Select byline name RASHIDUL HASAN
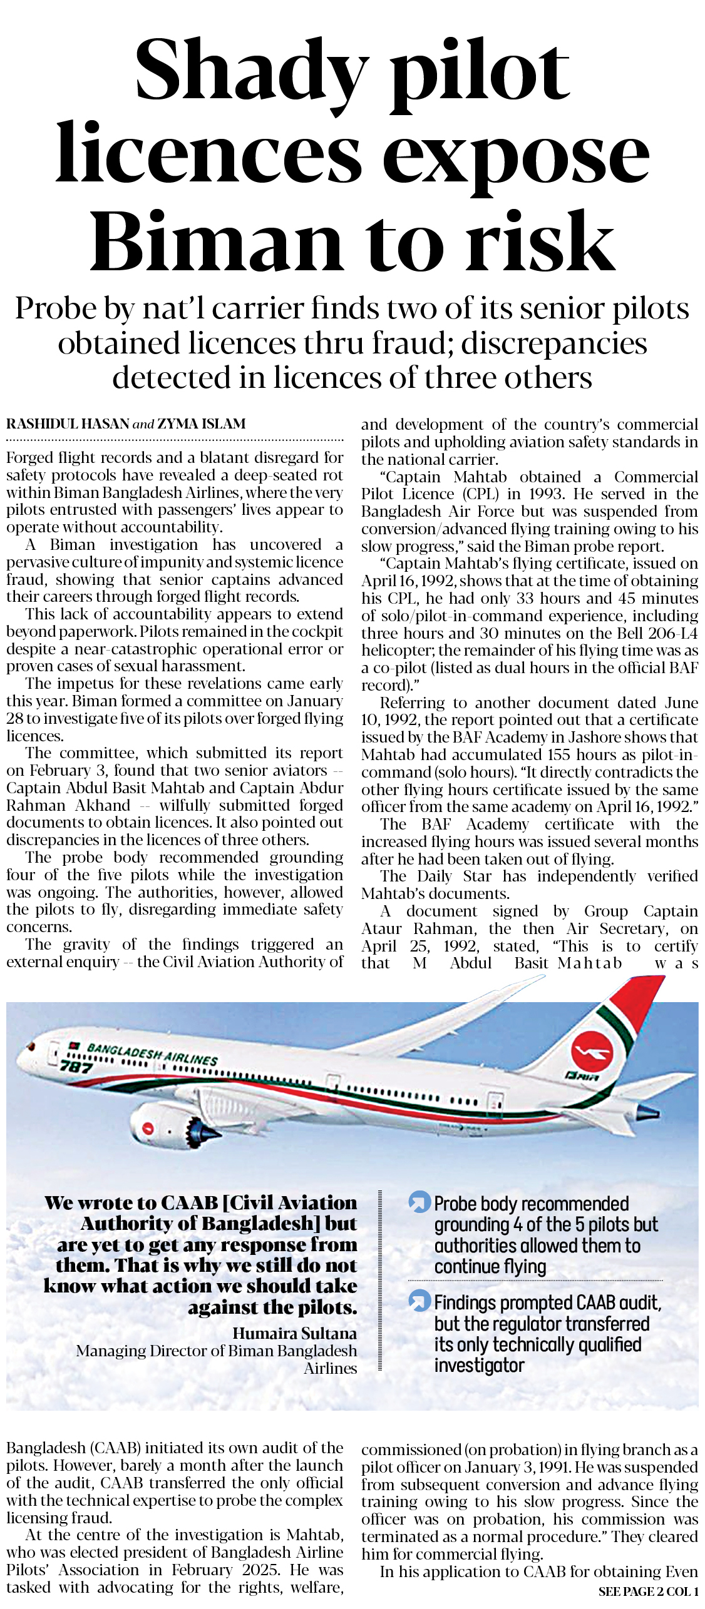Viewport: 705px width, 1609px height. click(x=68, y=424)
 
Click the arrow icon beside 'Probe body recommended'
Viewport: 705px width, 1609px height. click(x=418, y=1203)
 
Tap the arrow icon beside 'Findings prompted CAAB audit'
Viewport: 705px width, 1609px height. click(x=418, y=1302)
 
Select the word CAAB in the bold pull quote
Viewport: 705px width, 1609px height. click(x=189, y=1203)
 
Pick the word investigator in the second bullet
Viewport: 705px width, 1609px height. click(x=479, y=1365)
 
